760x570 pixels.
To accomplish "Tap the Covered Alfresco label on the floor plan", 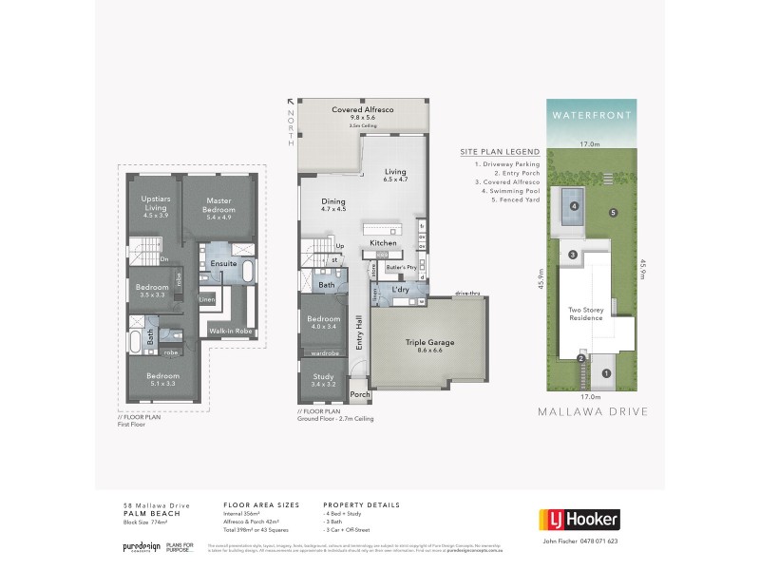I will (x=363, y=110).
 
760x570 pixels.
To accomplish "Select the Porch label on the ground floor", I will (x=360, y=393).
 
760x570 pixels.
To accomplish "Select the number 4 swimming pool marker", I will (x=574, y=205).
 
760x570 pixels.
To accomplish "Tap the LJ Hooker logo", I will (x=579, y=520).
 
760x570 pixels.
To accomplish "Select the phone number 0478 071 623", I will (x=598, y=541).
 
